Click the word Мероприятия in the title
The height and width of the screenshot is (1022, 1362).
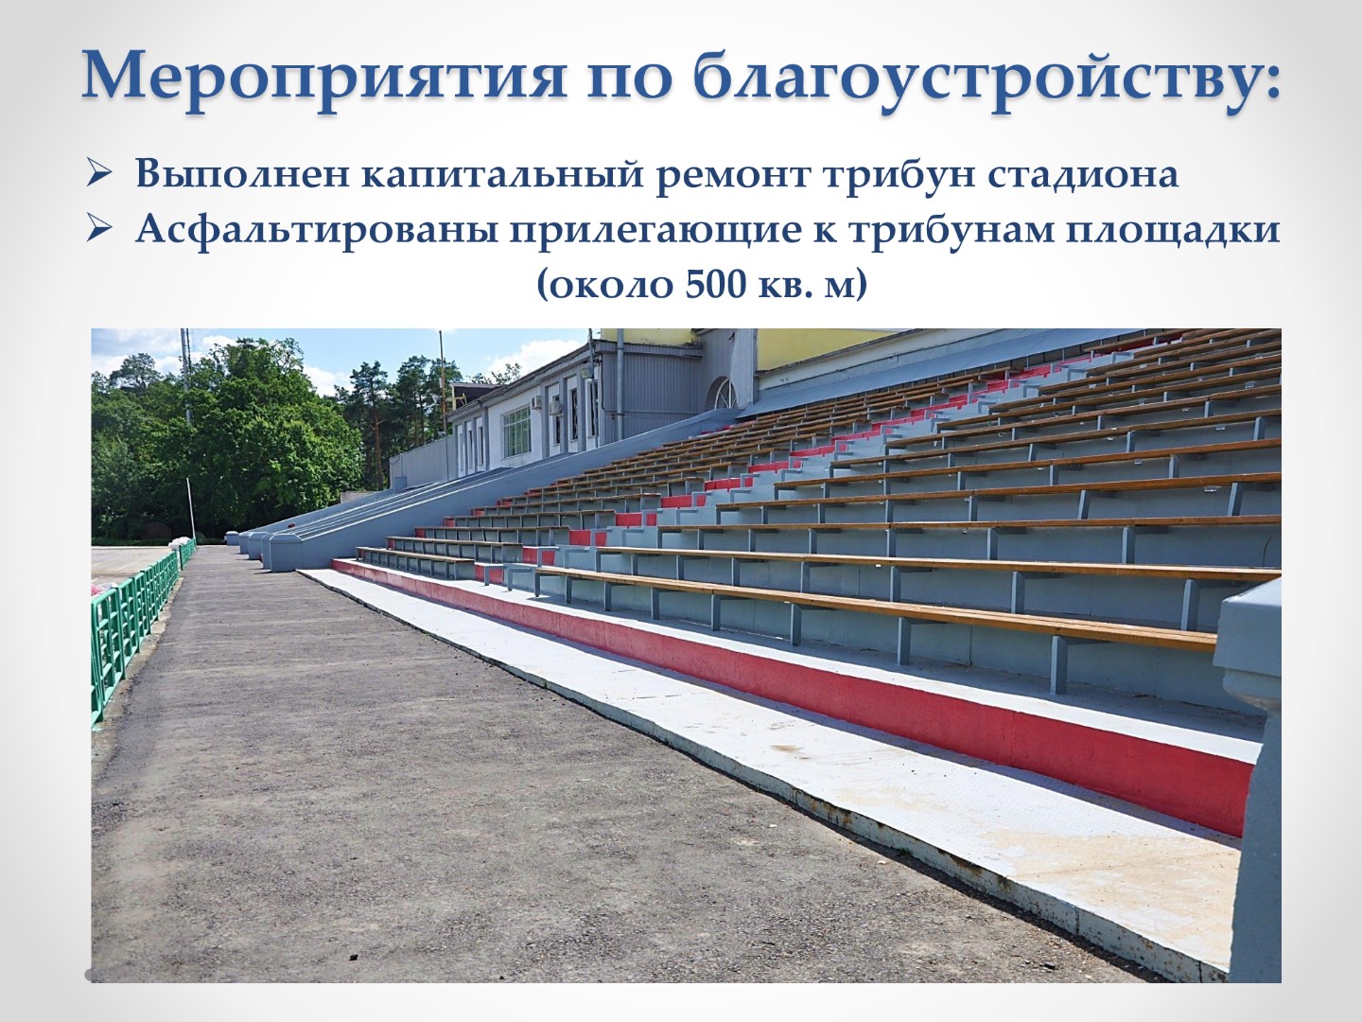(x=323, y=79)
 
